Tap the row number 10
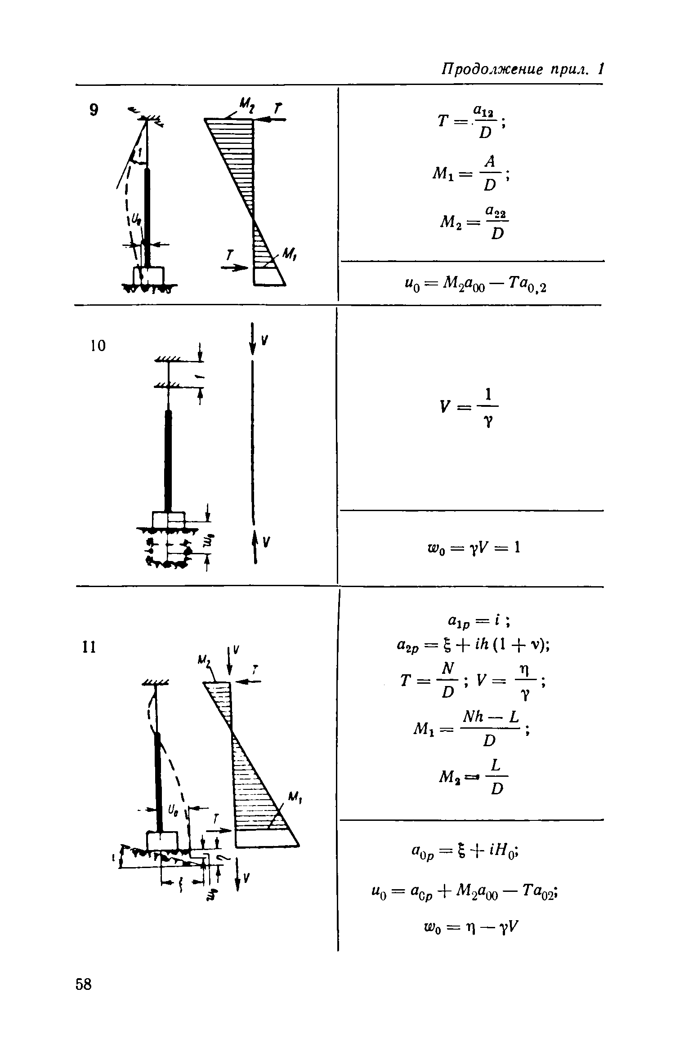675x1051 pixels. click(98, 346)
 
